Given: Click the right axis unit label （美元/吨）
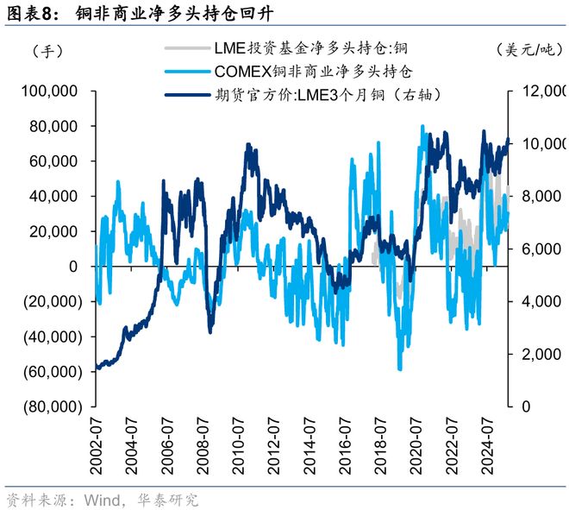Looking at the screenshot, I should (x=528, y=51).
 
